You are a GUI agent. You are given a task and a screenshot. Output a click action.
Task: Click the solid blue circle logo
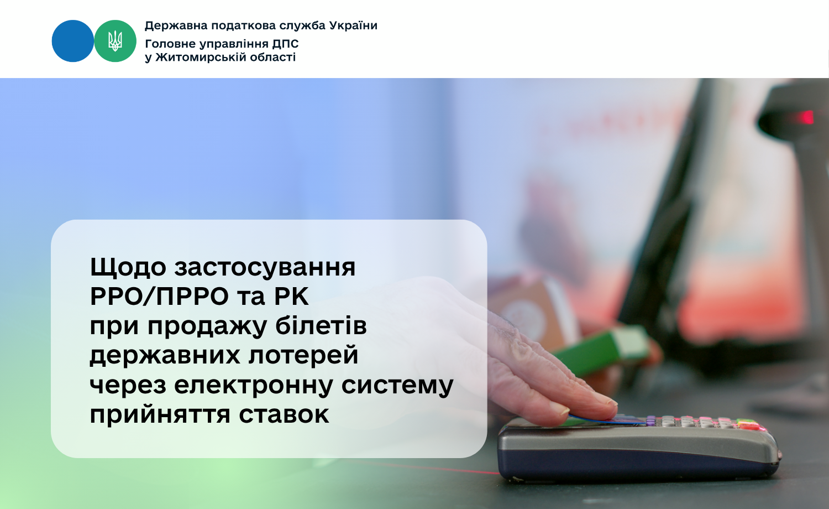[x=73, y=41]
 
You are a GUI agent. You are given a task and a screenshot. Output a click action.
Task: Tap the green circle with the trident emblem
[x=115, y=41]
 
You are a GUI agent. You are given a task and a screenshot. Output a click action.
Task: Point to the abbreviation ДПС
[x=285, y=44]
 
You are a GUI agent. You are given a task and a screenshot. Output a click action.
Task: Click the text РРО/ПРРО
[x=160, y=297]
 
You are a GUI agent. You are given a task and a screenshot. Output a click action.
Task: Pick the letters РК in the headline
[x=291, y=297]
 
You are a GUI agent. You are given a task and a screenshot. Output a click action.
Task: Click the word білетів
[x=321, y=325]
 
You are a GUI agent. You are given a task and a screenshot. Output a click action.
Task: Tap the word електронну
[x=254, y=385]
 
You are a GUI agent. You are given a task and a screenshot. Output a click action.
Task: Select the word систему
[x=397, y=385]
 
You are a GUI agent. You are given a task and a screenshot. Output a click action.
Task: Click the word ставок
[x=284, y=414]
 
